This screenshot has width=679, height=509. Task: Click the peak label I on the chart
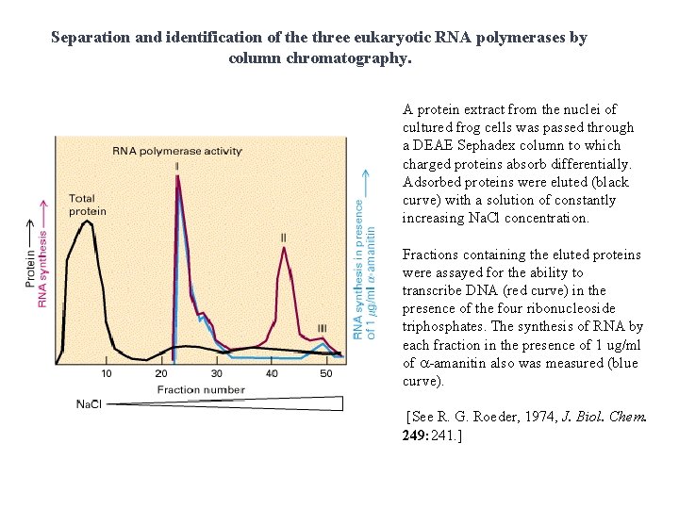click(x=177, y=167)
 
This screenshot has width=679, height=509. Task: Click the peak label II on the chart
click(x=283, y=238)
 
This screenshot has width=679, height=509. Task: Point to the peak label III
click(x=323, y=329)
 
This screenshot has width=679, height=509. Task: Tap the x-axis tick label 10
click(x=107, y=373)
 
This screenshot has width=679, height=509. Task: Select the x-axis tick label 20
click(x=161, y=373)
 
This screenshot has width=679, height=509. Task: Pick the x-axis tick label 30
click(x=217, y=373)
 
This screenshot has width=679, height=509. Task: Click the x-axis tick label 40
click(x=273, y=373)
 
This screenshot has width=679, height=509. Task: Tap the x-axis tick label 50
click(x=326, y=373)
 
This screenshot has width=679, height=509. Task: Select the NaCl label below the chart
click(x=90, y=404)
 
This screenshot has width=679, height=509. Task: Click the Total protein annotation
click(x=88, y=205)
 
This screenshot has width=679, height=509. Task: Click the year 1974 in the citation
click(x=539, y=417)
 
